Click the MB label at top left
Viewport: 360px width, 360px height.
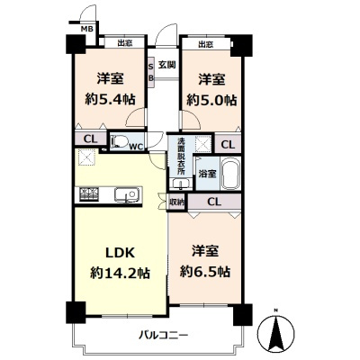[x=87, y=30]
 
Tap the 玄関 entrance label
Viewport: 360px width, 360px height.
[x=166, y=65]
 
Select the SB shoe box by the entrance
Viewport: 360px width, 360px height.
[x=151, y=73]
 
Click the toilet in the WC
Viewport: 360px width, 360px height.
[x=119, y=141]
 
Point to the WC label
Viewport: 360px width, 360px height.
[x=136, y=147]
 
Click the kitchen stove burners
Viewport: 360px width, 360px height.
[x=89, y=193]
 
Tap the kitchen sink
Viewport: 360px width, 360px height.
[x=127, y=195]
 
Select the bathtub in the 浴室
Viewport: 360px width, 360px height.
[x=230, y=173]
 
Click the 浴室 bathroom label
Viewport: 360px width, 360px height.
[x=207, y=174]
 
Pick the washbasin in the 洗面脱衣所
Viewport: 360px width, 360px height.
[x=181, y=184]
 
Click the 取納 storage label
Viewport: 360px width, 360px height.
[x=176, y=202]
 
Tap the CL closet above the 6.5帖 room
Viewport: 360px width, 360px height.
[x=214, y=202]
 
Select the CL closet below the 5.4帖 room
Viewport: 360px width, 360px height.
[x=91, y=139]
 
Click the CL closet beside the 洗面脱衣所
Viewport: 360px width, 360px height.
[x=228, y=145]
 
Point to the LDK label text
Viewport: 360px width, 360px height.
[x=120, y=253]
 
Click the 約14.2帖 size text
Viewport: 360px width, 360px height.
[x=120, y=273]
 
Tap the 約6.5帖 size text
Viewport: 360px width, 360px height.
[x=205, y=272]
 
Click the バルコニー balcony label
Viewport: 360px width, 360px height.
[x=163, y=335]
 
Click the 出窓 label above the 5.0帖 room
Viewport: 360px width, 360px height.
[x=206, y=44]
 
